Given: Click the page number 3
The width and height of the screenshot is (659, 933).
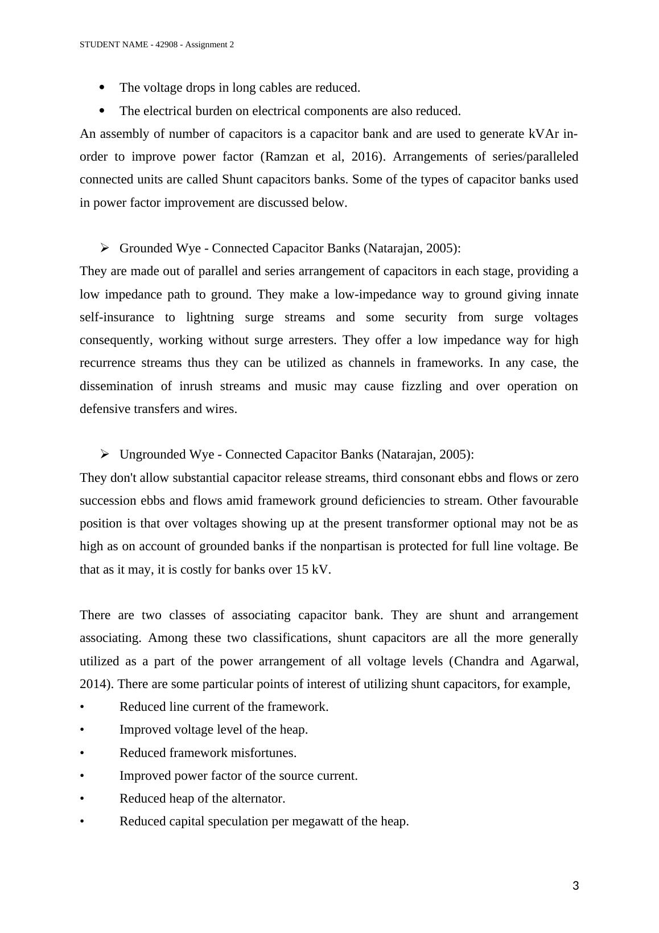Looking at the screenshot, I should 575,886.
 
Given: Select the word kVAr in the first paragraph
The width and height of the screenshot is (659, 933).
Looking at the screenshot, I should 544,134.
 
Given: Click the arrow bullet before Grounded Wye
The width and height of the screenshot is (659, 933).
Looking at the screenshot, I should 105,248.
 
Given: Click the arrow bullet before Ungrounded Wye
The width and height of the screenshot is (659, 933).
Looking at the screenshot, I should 105,454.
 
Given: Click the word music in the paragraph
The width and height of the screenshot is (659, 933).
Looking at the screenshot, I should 311,386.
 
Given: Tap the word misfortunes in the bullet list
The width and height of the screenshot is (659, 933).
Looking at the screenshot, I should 263,753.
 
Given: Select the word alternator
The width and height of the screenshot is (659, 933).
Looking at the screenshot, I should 258,799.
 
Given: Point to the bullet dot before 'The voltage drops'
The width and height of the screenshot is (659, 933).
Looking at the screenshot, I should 102,87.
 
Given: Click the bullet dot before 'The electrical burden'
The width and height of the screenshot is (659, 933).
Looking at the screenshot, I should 102,110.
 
